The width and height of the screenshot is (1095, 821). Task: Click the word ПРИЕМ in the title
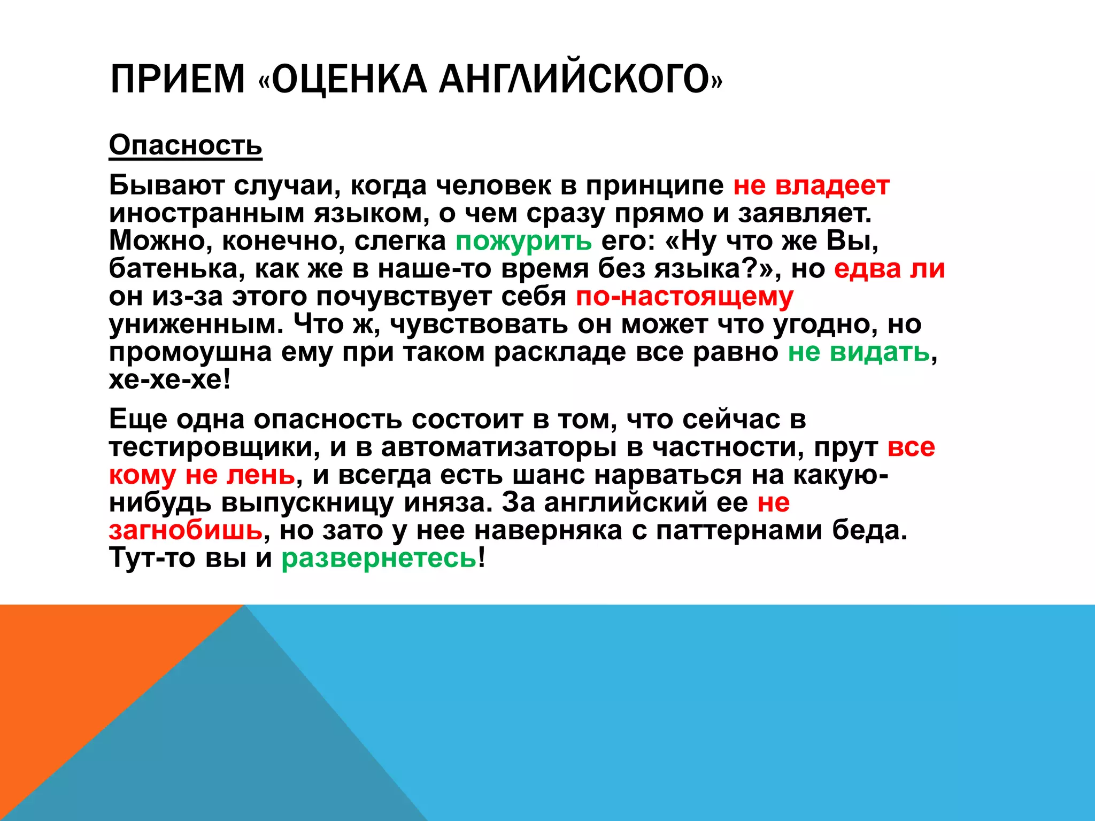[177, 79]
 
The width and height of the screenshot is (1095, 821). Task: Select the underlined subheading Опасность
[186, 145]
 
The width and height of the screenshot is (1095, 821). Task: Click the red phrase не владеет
[811, 185]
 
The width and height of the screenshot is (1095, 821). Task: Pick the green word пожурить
[523, 241]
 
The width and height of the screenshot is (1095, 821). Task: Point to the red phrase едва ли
[889, 268]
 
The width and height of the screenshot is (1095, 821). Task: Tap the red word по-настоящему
[684, 296]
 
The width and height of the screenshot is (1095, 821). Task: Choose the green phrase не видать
[859, 352]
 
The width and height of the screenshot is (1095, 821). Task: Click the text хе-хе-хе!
[170, 379]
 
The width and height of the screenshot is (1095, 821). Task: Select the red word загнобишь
[186, 530]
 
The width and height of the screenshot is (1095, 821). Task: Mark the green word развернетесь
[379, 558]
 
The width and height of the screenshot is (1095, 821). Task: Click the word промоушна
[190, 352]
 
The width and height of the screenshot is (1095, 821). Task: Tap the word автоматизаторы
[499, 447]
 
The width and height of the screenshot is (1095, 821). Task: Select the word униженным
[196, 324]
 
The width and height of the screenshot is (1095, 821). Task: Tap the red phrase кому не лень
[202, 475]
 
